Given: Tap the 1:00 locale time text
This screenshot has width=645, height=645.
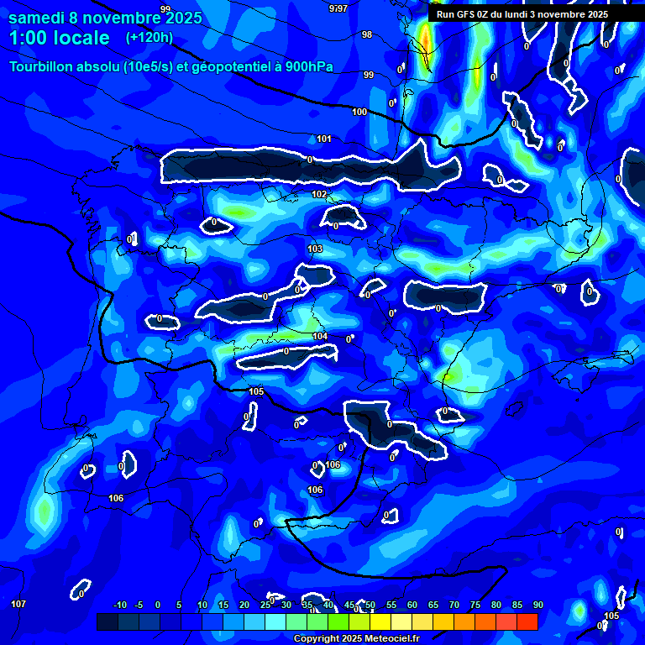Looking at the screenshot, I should coord(59,38).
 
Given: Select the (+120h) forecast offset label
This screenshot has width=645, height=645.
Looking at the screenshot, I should coord(149,38).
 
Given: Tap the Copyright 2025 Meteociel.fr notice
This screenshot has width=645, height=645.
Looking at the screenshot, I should coord(357,638).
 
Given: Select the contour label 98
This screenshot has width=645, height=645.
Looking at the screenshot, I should coord(367,34).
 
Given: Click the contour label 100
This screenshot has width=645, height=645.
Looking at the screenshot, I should coord(359,112).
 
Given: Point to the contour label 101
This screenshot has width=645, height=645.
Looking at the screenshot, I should coord(324,139).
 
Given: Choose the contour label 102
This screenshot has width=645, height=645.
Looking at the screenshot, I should coord(319,194).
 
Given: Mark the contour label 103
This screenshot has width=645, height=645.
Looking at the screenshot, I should coord(315,249).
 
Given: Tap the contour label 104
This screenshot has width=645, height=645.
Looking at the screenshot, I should coord(320,336).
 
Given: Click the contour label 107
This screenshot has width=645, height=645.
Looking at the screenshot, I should coord(18,604).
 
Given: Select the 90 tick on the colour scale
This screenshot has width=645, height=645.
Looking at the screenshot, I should coord(537,606).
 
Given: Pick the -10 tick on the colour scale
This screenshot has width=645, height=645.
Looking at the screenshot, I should coord(119,606).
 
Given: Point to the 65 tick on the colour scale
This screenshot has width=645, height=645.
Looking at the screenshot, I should coord(433,606).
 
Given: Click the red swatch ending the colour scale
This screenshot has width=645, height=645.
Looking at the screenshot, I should coord(527,621).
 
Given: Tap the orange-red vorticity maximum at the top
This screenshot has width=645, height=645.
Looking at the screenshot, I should coord(426,39).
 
